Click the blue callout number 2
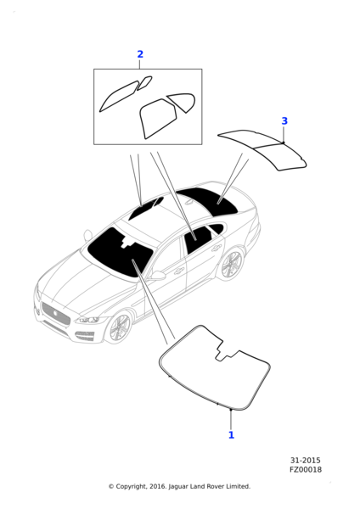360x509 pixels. tap(140, 54)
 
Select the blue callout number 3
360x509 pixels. tap(284, 121)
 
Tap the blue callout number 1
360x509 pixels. tap(231, 435)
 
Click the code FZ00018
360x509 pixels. tap(306, 469)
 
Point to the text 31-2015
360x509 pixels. tap(306, 460)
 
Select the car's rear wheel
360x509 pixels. tap(230, 265)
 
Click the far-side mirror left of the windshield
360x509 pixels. tap(87, 235)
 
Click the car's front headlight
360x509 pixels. tap(89, 320)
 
